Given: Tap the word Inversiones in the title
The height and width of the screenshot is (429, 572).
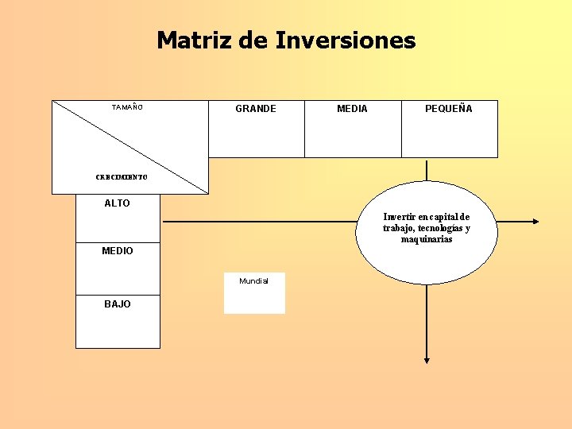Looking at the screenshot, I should click(x=346, y=40).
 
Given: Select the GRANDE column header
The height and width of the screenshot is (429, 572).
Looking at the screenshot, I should click(x=256, y=109).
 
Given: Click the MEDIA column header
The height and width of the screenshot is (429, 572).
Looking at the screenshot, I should click(x=352, y=109).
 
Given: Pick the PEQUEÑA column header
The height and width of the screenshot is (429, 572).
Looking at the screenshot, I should click(x=448, y=109).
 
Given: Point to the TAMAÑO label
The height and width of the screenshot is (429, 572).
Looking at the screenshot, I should click(x=127, y=106).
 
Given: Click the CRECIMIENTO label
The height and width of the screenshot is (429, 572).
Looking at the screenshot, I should click(x=122, y=177).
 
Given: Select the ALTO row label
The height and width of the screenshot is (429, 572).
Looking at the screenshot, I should click(x=117, y=203).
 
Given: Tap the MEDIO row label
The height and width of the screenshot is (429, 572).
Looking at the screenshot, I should click(x=118, y=251).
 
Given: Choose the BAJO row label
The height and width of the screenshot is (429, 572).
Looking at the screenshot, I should click(x=118, y=304).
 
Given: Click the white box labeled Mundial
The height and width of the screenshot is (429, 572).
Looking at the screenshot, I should click(x=254, y=293).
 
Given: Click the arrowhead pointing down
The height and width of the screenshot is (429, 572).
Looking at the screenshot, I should click(x=427, y=359).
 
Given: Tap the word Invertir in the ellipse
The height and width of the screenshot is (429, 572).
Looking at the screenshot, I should click(x=398, y=217).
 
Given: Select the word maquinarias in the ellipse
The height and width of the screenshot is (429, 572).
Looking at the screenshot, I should click(x=427, y=239).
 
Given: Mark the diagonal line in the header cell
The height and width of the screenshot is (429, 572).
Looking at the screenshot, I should click(x=130, y=147).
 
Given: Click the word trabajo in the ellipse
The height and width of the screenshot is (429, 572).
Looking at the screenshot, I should click(x=397, y=228).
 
